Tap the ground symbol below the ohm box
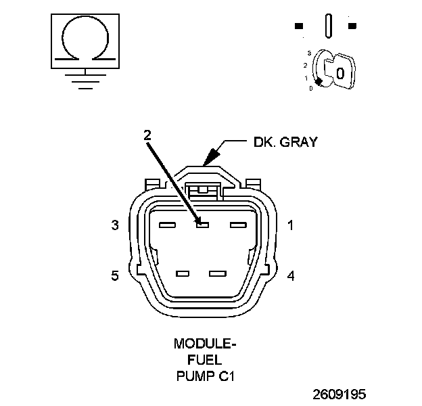tap(84, 81)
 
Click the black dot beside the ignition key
tap(318, 81)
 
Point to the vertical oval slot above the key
tap(329, 27)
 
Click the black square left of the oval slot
tap(299, 26)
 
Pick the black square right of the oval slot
tap(352, 26)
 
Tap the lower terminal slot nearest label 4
tap(216, 273)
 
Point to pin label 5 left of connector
tap(115, 275)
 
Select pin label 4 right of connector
tap(290, 275)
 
